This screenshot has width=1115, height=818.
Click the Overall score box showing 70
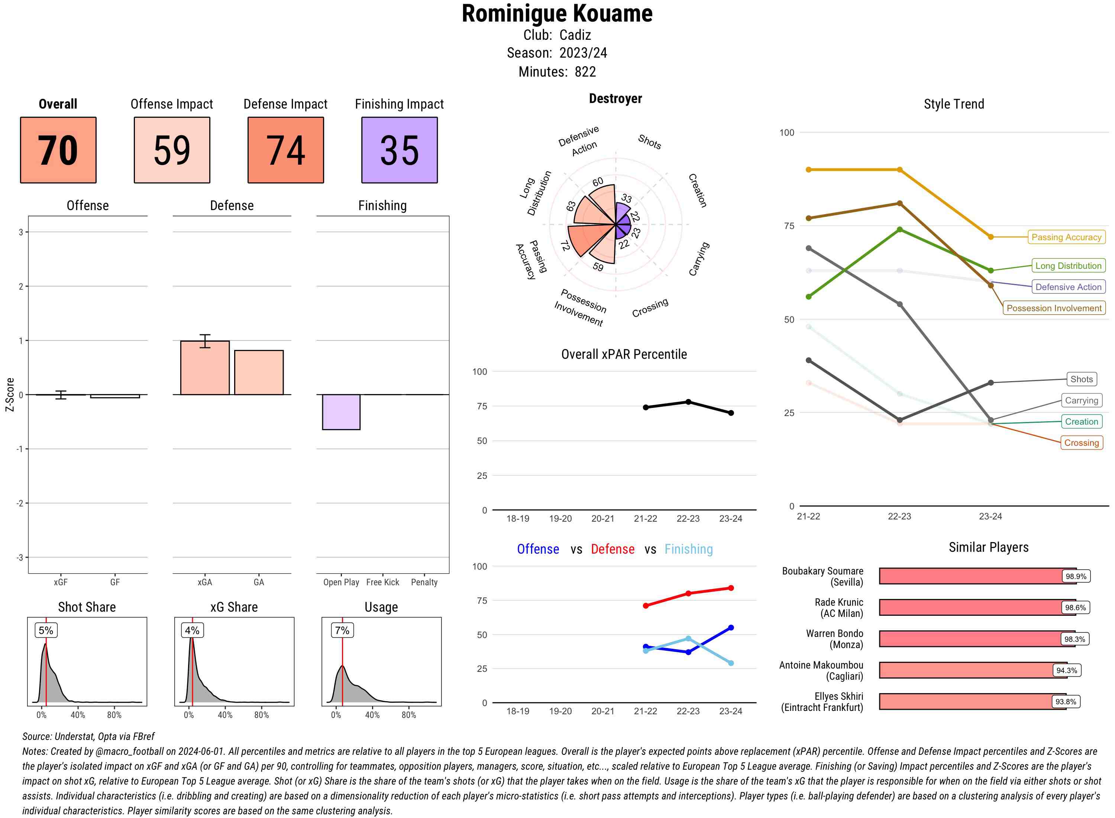point(58,150)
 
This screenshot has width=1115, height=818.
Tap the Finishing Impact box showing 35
point(400,150)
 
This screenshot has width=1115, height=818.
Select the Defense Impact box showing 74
point(285,150)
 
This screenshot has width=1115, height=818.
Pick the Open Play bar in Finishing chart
point(341,412)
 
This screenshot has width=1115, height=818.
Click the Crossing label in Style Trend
point(1081,443)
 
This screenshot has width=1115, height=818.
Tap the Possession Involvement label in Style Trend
point(1054,308)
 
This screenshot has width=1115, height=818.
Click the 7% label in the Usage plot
point(342,630)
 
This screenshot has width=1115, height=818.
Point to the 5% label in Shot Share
point(46,630)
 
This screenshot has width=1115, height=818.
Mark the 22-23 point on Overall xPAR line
point(688,402)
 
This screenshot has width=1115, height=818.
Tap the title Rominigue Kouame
point(557,14)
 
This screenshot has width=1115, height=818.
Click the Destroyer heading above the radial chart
point(615,99)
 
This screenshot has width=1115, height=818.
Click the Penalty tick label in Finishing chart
point(424,582)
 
